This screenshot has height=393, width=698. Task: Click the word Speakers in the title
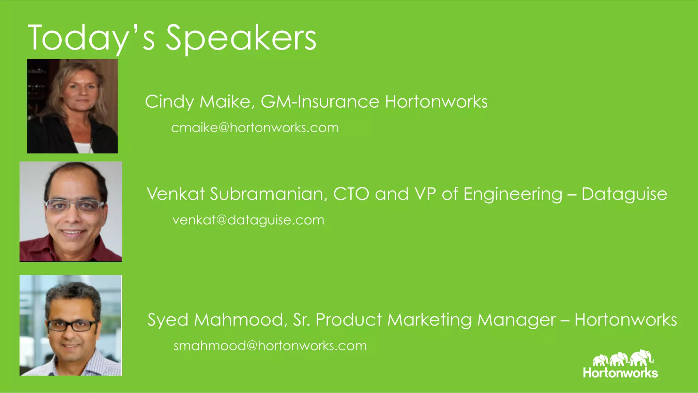pyautogui.click(x=241, y=38)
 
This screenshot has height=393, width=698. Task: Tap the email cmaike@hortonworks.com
pyautogui.click(x=255, y=128)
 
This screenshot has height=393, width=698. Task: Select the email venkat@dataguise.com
pyautogui.click(x=248, y=220)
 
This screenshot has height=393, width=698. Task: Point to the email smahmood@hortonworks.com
pyautogui.click(x=270, y=346)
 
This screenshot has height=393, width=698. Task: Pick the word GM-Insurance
pyautogui.click(x=320, y=102)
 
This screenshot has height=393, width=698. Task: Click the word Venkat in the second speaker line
pyautogui.click(x=176, y=194)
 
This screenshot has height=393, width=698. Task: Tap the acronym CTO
pyautogui.click(x=351, y=194)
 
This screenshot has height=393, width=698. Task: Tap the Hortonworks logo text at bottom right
pyautogui.click(x=620, y=373)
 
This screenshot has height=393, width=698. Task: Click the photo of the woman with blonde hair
pyautogui.click(x=73, y=106)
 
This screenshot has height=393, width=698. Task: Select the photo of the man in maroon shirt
pyautogui.click(x=71, y=212)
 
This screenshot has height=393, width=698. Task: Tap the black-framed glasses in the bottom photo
pyautogui.click(x=72, y=326)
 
